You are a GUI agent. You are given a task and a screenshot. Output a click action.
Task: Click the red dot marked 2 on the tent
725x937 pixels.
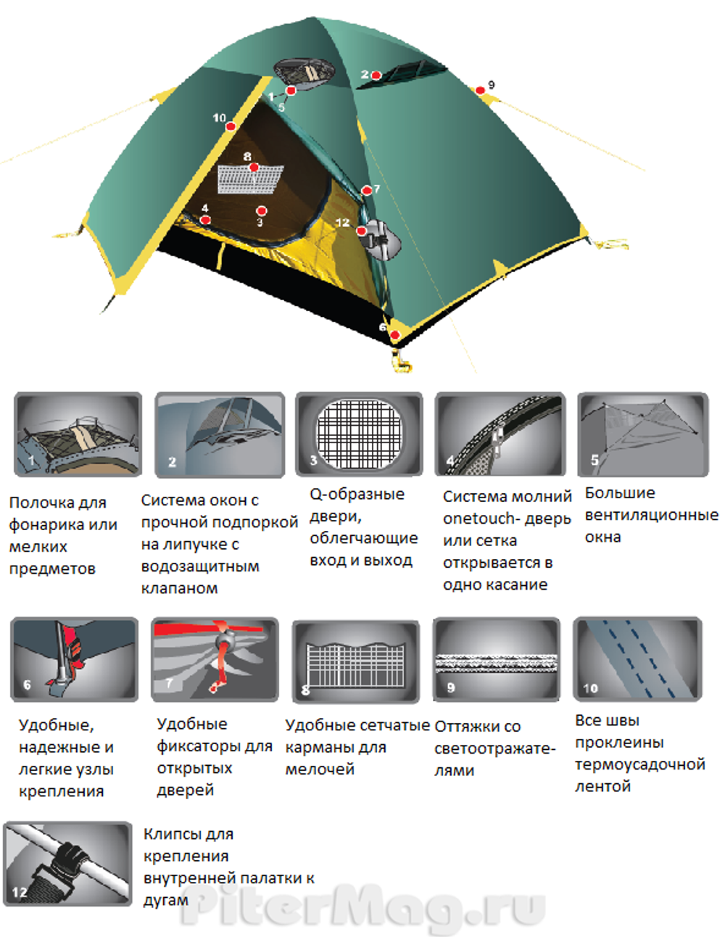point(376,75)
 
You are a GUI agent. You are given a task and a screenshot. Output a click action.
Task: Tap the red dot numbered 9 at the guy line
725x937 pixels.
point(481,91)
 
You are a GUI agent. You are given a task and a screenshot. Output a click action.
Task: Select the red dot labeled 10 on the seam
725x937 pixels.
point(231,126)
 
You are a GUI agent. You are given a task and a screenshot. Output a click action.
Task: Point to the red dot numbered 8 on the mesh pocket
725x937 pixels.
point(254,168)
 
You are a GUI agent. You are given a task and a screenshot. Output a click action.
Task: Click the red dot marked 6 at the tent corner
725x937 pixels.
point(394,334)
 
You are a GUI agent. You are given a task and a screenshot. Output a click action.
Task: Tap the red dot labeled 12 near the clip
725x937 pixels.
point(361,231)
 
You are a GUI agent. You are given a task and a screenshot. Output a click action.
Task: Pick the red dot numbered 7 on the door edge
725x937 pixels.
point(367,191)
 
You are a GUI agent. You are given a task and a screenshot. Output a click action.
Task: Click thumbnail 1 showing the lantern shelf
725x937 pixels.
point(78,434)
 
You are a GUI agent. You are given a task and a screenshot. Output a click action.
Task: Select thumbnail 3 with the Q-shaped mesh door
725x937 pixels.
point(359,434)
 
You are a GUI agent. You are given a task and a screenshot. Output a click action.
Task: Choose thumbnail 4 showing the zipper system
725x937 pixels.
point(500,434)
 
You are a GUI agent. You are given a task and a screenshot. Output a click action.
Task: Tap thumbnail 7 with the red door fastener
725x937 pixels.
point(215,659)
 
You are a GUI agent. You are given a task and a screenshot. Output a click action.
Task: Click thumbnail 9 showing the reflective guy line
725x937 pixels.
point(497,659)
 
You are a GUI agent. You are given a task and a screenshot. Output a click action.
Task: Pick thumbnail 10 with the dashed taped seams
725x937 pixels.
point(637,659)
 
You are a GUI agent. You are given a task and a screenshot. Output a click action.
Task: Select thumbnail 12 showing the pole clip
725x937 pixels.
point(67,864)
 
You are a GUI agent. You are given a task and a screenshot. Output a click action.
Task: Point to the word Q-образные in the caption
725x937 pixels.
point(357,495)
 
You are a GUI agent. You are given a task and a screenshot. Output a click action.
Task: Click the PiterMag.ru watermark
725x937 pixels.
point(362,907)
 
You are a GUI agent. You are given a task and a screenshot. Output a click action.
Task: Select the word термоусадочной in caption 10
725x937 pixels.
point(639,764)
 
